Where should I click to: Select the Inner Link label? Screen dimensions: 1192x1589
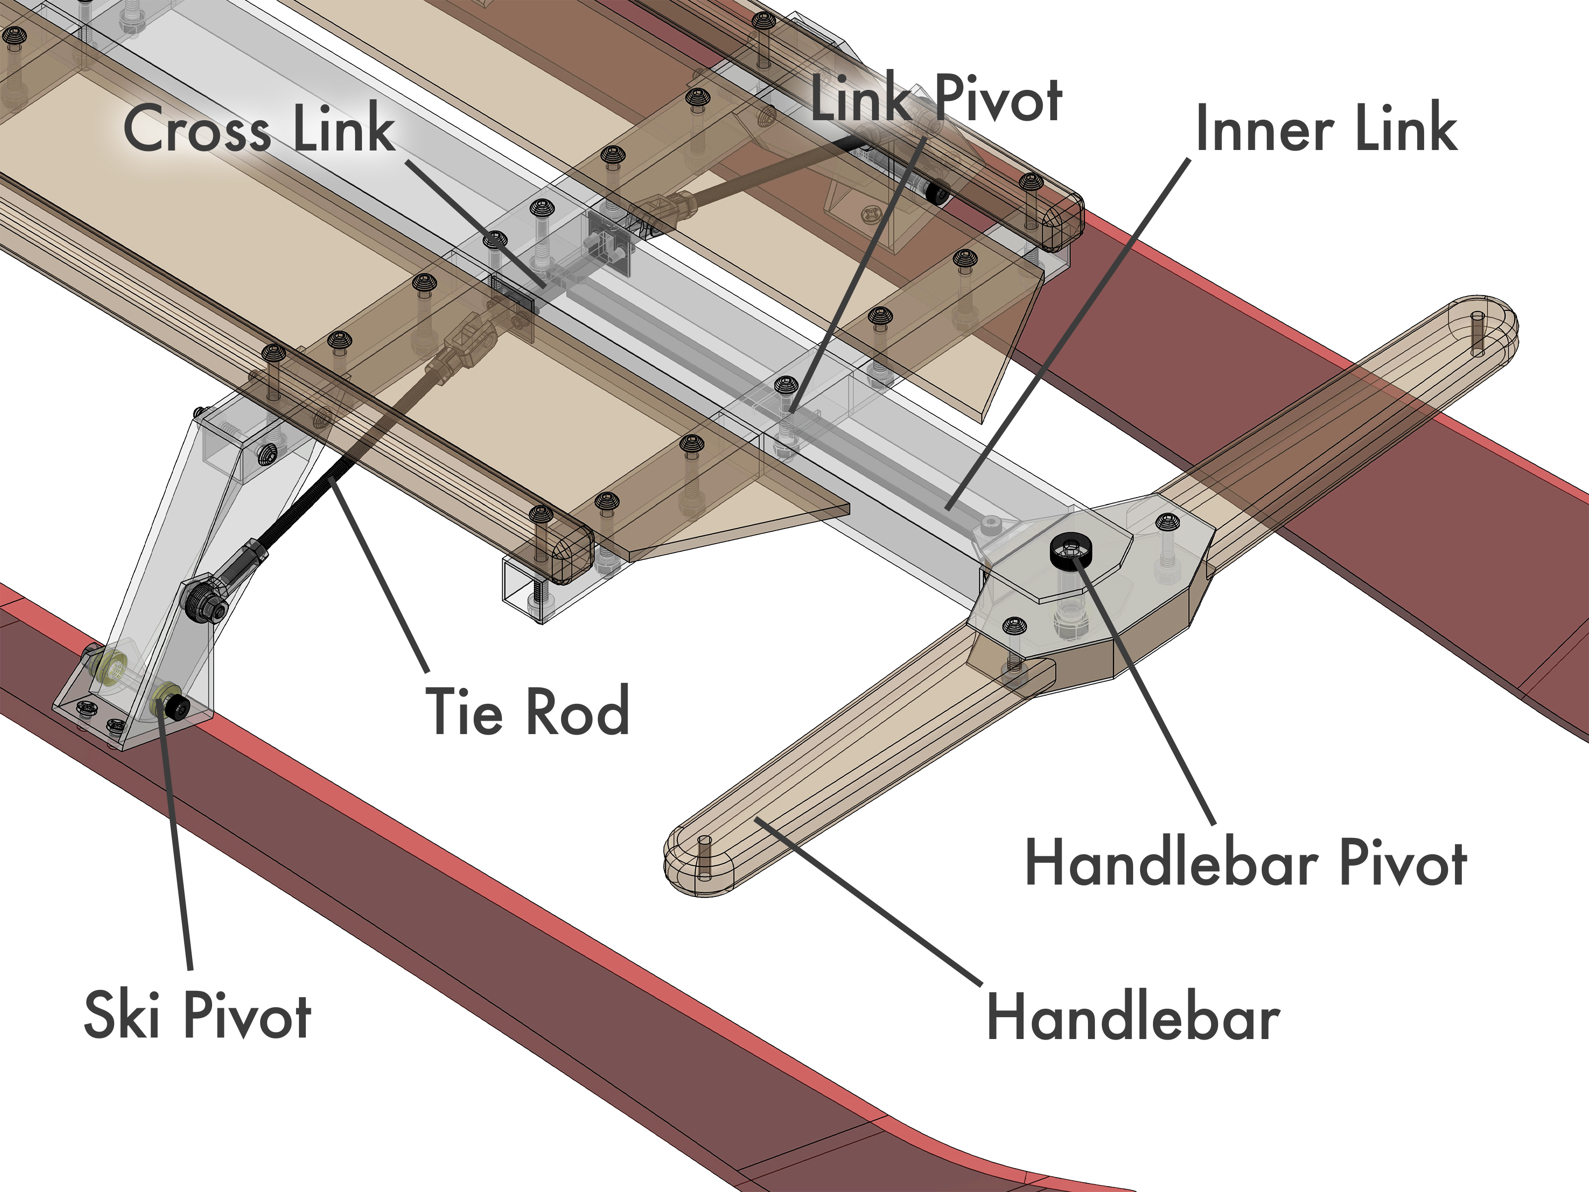[1326, 128]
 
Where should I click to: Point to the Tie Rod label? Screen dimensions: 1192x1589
[528, 711]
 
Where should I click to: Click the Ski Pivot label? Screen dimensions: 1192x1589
[198, 1015]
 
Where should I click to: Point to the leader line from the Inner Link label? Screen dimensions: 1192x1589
[1063, 338]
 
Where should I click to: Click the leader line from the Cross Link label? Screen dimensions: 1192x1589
[474, 223]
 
